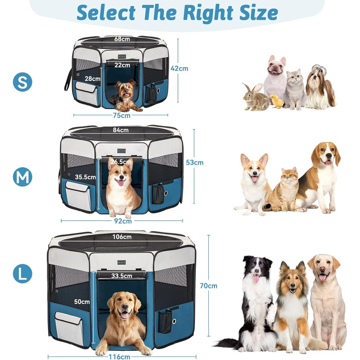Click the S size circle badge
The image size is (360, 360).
click(23, 82)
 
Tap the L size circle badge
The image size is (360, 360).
click(23, 273)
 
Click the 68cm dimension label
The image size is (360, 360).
click(122, 39)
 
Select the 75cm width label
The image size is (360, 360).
click(122, 116)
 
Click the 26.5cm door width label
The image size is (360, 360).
click(121, 162)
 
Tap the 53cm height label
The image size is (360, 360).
click(195, 163)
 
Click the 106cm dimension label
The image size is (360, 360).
click(122, 238)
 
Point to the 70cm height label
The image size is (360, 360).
click(209, 286)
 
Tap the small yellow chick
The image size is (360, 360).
click(277, 101)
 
